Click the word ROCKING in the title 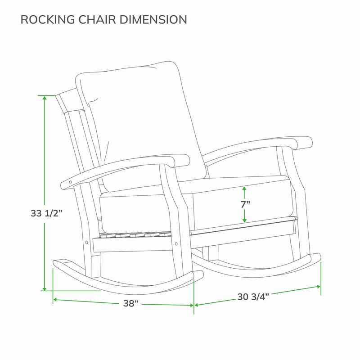[48, 19]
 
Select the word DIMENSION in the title [153, 19]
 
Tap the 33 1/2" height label [47, 213]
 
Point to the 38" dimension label [131, 303]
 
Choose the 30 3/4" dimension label [253, 297]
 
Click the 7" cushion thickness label [245, 204]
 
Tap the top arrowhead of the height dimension [45, 98]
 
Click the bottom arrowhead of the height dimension [45, 288]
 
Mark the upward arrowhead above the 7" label [244, 189]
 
